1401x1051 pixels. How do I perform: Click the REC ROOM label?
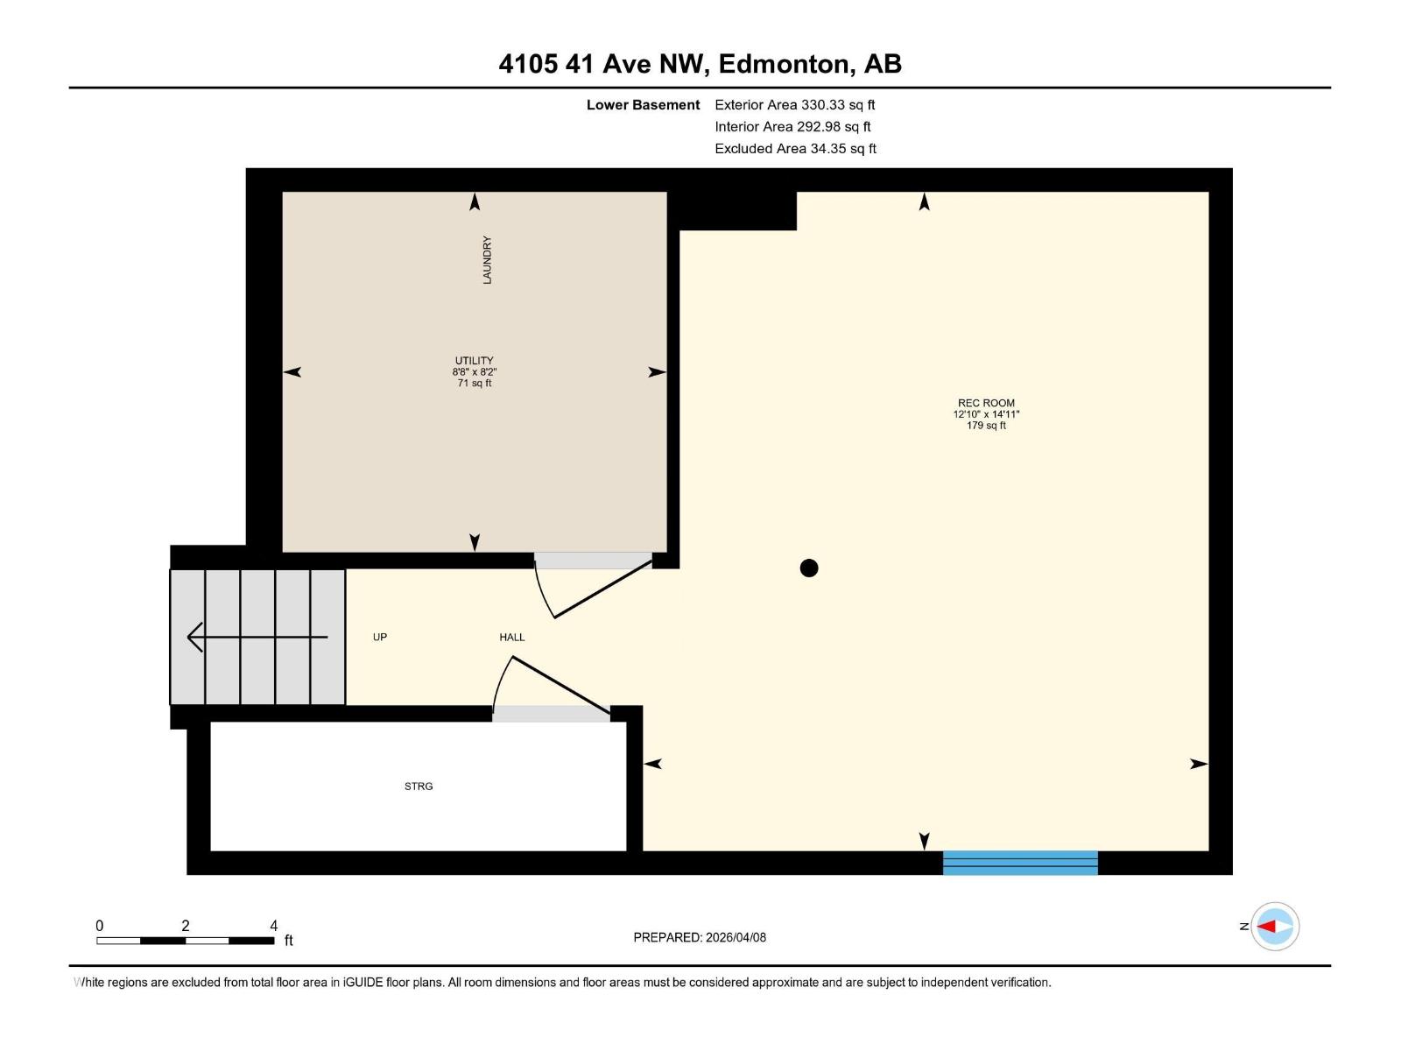tap(986, 403)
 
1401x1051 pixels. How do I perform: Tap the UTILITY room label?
tap(474, 360)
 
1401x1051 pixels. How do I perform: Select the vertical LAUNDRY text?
tap(487, 260)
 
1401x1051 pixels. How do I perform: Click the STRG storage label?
tap(419, 786)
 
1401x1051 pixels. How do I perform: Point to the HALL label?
tap(512, 637)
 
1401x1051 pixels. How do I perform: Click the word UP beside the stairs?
tap(380, 637)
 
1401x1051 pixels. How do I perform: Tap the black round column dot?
tap(809, 568)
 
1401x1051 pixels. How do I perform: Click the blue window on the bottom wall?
tap(1020, 863)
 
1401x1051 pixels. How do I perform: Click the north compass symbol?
tap(1274, 926)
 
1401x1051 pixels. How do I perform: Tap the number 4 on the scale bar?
tap(273, 926)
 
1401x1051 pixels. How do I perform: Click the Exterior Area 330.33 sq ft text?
tap(794, 104)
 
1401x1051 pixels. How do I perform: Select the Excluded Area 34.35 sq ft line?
tap(795, 148)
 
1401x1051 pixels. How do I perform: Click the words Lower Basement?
tap(643, 104)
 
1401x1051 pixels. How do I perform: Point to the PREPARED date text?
tap(700, 937)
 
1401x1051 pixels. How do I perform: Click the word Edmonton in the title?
tap(785, 64)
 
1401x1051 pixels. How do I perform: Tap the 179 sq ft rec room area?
tap(986, 426)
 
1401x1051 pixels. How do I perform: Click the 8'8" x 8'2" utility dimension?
tap(474, 372)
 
